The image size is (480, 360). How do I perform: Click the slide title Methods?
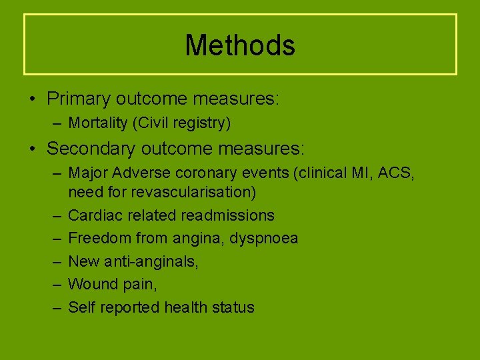[x=240, y=45]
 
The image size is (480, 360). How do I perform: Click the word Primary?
[x=78, y=99]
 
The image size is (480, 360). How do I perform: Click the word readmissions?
[x=234, y=215]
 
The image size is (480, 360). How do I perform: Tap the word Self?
[x=81, y=307]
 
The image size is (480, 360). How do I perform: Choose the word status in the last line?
[x=233, y=307]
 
